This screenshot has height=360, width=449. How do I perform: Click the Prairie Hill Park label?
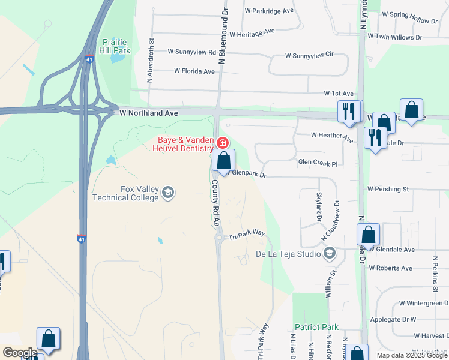click(116, 47)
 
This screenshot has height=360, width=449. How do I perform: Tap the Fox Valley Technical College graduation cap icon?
click(169, 193)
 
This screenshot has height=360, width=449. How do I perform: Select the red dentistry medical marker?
click(223, 143)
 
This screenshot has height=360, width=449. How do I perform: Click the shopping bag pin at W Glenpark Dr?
click(223, 161)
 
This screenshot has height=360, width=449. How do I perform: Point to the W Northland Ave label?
click(149, 113)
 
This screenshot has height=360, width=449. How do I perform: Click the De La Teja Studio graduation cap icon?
click(330, 254)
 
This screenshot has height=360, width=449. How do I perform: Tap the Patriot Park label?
click(316, 327)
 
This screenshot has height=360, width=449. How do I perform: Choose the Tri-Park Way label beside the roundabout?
click(247, 235)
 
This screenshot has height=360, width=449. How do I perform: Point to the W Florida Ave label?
click(194, 71)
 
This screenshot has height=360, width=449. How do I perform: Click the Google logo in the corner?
click(20, 353)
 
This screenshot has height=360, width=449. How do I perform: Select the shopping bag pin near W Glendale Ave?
click(368, 235)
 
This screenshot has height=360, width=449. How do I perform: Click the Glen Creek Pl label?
click(318, 163)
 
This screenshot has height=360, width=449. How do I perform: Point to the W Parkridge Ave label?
click(269, 11)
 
